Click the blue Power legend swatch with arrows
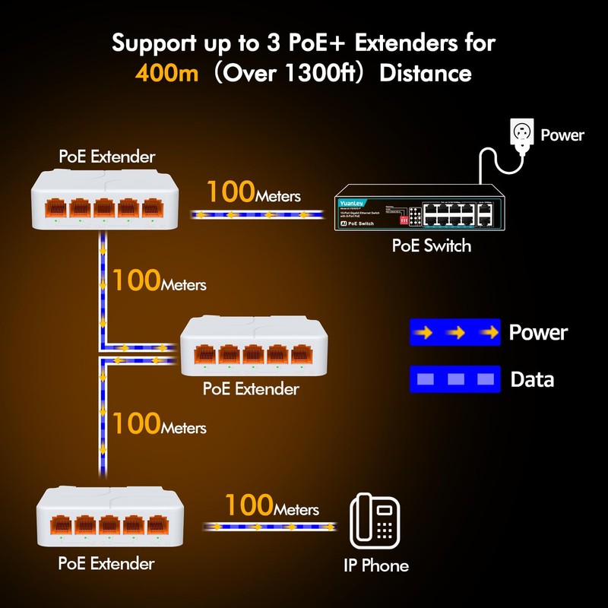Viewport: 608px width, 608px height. (454, 332)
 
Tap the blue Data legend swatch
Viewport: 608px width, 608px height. (454, 379)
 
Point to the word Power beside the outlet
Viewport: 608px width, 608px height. (562, 135)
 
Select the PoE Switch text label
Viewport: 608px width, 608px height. (431, 245)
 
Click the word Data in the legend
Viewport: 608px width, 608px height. (532, 379)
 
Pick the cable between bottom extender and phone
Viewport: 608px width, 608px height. (270, 526)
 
